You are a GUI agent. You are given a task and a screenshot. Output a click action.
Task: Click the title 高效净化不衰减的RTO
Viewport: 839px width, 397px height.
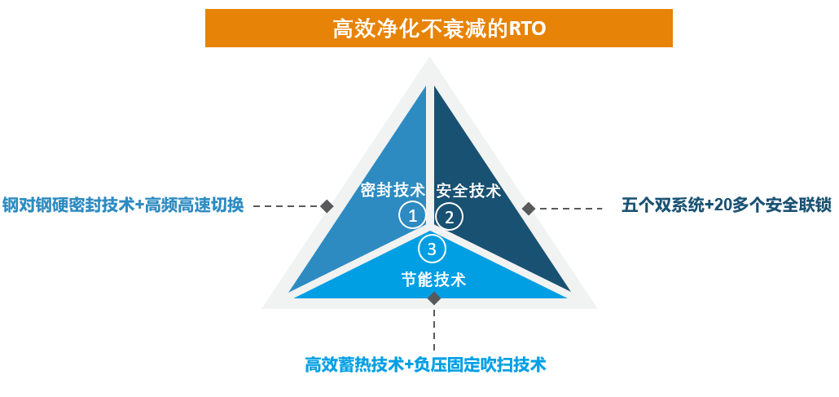pyautogui.click(x=439, y=29)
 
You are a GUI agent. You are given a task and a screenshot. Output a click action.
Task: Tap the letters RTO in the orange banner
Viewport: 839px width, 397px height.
pyautogui.click(x=527, y=29)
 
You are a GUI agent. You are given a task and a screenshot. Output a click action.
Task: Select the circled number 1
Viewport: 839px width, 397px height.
pyautogui.click(x=412, y=217)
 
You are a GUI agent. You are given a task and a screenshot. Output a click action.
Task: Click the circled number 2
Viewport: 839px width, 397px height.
pyautogui.click(x=450, y=217)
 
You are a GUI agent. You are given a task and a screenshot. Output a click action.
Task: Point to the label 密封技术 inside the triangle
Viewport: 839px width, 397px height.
pyautogui.click(x=393, y=190)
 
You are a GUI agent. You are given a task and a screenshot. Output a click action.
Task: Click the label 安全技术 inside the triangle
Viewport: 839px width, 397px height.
pyautogui.click(x=468, y=191)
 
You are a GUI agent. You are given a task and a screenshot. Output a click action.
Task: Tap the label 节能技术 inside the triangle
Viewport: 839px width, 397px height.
pyautogui.click(x=434, y=279)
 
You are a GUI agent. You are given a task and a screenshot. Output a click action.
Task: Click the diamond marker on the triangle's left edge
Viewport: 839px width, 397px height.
pyautogui.click(x=327, y=205)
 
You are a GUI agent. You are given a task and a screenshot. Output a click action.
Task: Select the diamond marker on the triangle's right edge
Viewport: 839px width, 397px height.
pyautogui.click(x=529, y=209)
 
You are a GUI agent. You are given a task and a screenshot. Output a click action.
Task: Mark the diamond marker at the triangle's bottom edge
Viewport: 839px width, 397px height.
pyautogui.click(x=434, y=298)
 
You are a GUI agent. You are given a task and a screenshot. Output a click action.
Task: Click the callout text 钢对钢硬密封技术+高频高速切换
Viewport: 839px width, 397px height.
pyautogui.click(x=123, y=205)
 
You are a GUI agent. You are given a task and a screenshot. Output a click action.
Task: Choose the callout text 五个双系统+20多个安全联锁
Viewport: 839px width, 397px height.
pyautogui.click(x=727, y=206)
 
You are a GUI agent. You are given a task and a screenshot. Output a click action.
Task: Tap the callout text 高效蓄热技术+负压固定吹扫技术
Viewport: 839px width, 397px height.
pyautogui.click(x=425, y=365)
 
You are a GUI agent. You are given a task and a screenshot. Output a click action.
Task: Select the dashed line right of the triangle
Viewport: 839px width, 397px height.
pyautogui.click(x=570, y=209)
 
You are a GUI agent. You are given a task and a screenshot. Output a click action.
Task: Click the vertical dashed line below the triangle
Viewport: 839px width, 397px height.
pyautogui.click(x=434, y=328)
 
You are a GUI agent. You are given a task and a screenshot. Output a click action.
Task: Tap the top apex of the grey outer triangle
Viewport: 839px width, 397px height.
pyautogui.click(x=429, y=57)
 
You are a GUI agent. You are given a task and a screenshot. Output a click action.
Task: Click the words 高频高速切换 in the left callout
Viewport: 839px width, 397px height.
pyautogui.click(x=195, y=205)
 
